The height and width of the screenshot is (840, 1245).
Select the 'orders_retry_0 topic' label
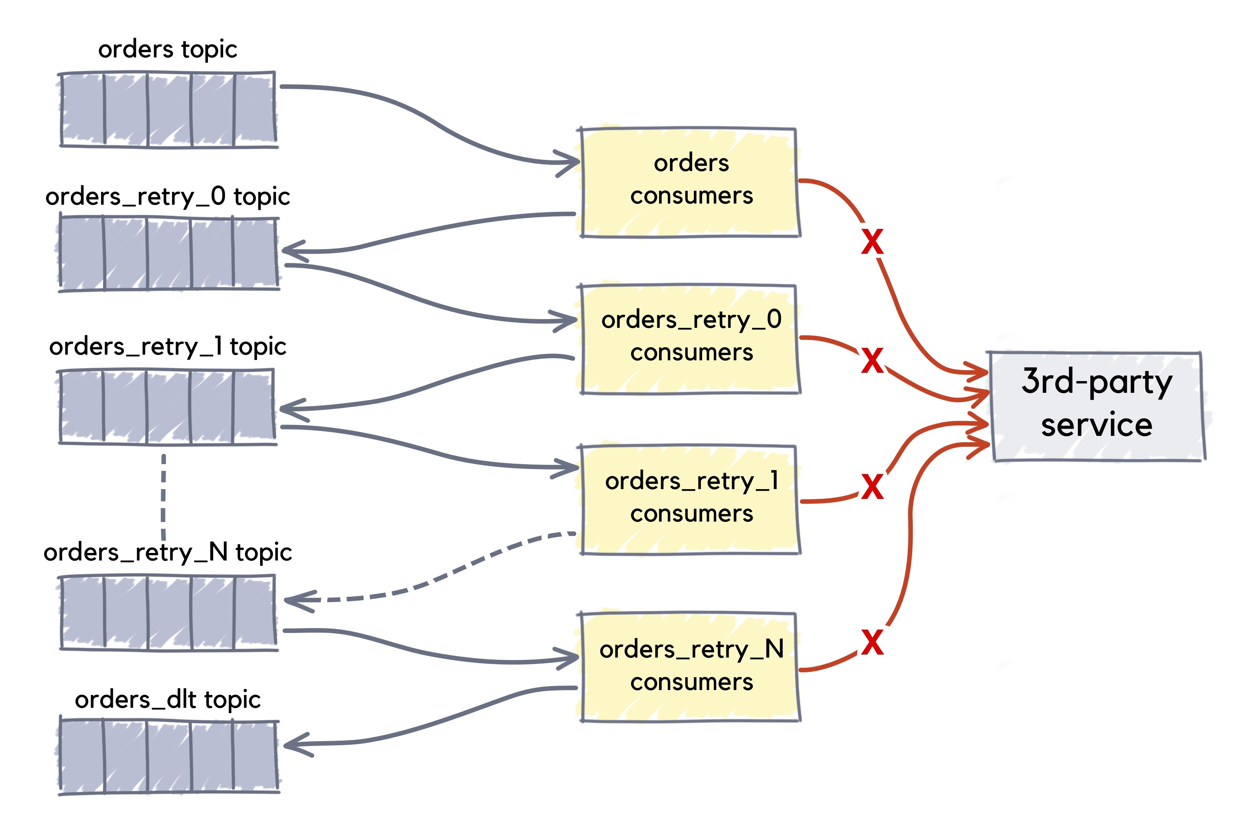167,197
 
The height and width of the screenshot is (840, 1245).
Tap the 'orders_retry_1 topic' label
167,347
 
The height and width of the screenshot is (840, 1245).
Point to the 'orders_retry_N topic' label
167,552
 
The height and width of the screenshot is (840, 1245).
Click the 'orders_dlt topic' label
167,699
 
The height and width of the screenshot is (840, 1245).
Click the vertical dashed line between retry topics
163,496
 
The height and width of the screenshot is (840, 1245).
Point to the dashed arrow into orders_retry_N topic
428,581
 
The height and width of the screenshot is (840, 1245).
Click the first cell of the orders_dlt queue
82,757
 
